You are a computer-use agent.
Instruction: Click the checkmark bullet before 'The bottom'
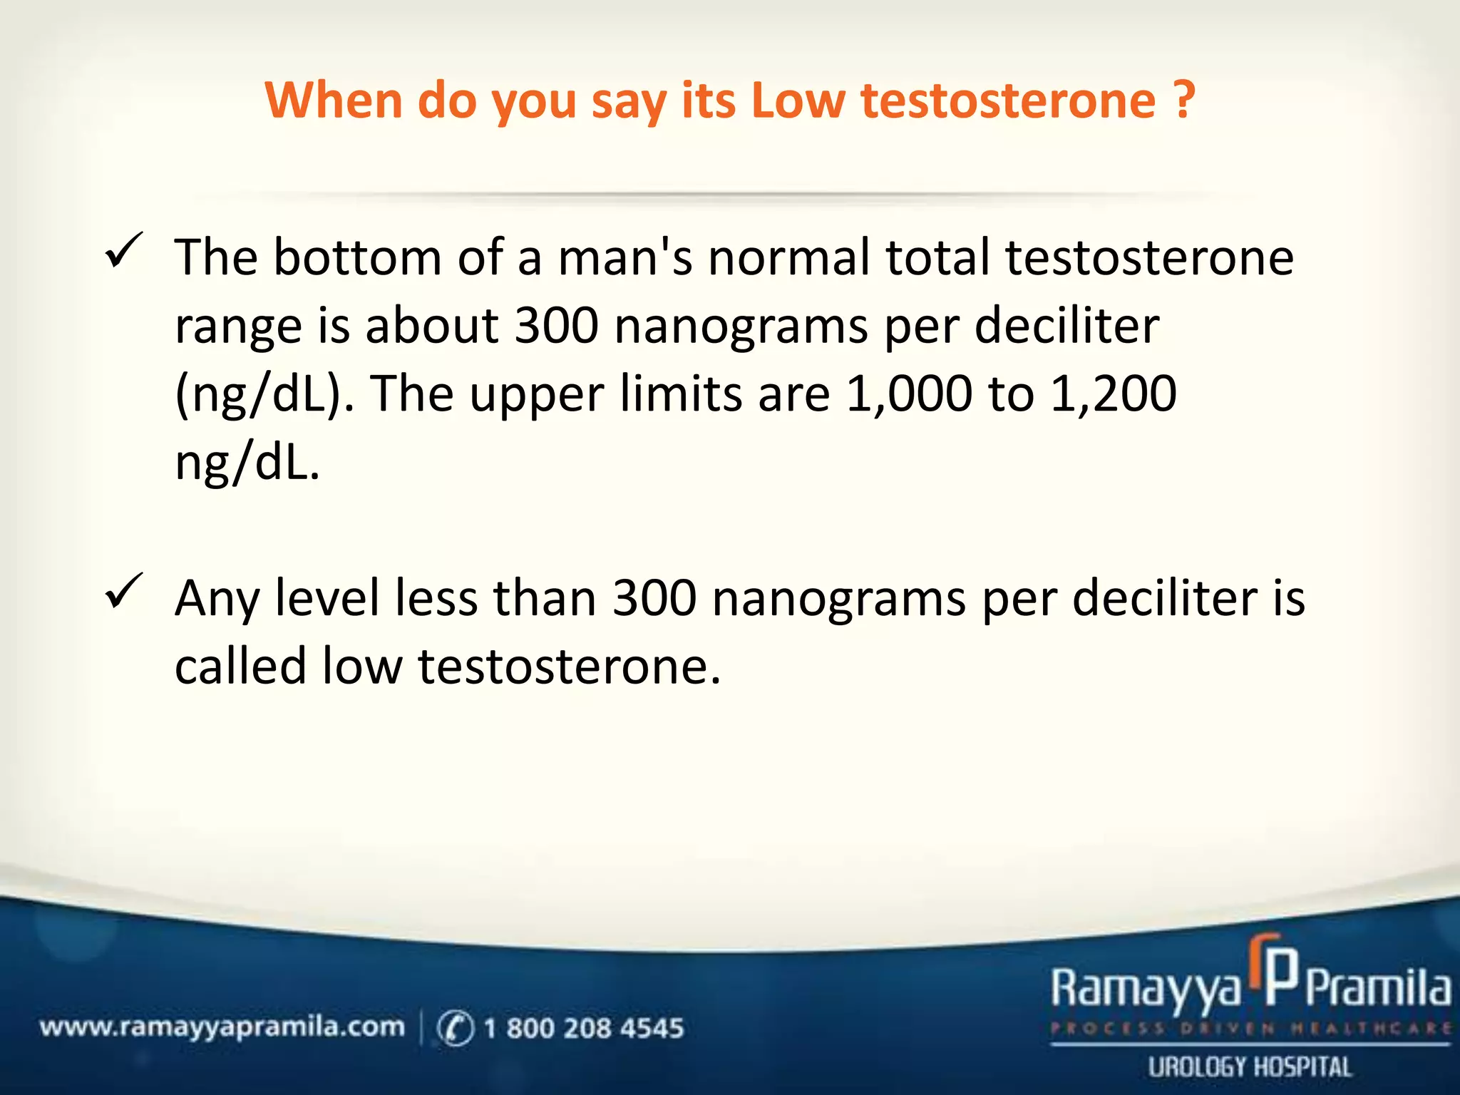coord(124,251)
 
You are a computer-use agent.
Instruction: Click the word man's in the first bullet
coord(624,257)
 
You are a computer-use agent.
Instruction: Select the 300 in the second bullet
coord(654,598)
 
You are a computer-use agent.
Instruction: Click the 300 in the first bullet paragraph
coord(556,326)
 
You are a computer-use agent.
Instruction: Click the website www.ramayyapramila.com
coord(222,1027)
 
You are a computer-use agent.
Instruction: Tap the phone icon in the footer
coord(455,1028)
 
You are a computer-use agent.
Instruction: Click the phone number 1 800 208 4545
coord(583,1028)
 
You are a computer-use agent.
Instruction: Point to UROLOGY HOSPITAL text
coord(1249,1067)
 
